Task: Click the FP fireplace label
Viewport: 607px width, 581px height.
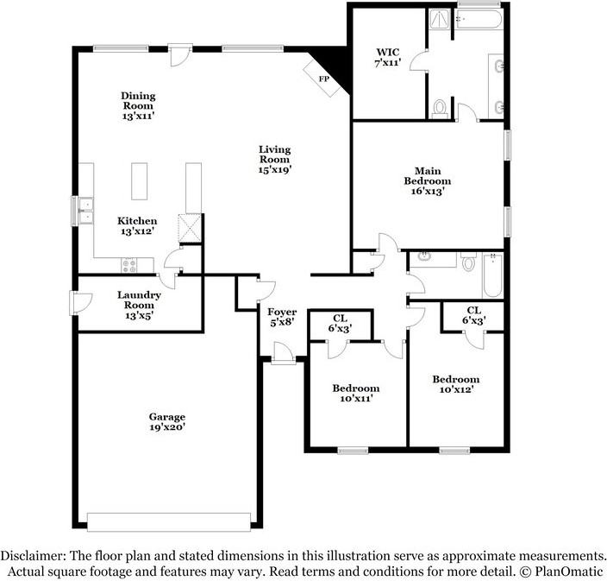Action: [x=324, y=79]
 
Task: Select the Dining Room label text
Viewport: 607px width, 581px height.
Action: [x=138, y=104]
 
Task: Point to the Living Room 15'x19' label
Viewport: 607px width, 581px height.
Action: [x=275, y=160]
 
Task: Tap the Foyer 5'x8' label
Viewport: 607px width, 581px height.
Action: [x=281, y=317]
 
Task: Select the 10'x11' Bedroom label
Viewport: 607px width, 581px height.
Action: [x=356, y=394]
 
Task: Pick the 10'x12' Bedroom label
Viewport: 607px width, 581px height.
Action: [x=455, y=384]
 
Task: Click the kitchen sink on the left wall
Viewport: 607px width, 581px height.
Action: [x=84, y=210]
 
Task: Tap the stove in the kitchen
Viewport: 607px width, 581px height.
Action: [x=128, y=265]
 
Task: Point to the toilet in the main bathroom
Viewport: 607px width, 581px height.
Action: [x=440, y=108]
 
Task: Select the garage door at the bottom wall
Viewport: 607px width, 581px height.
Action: [x=169, y=522]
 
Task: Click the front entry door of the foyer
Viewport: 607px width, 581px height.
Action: [x=281, y=354]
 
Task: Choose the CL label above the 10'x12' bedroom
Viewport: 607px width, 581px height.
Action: [x=473, y=315]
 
